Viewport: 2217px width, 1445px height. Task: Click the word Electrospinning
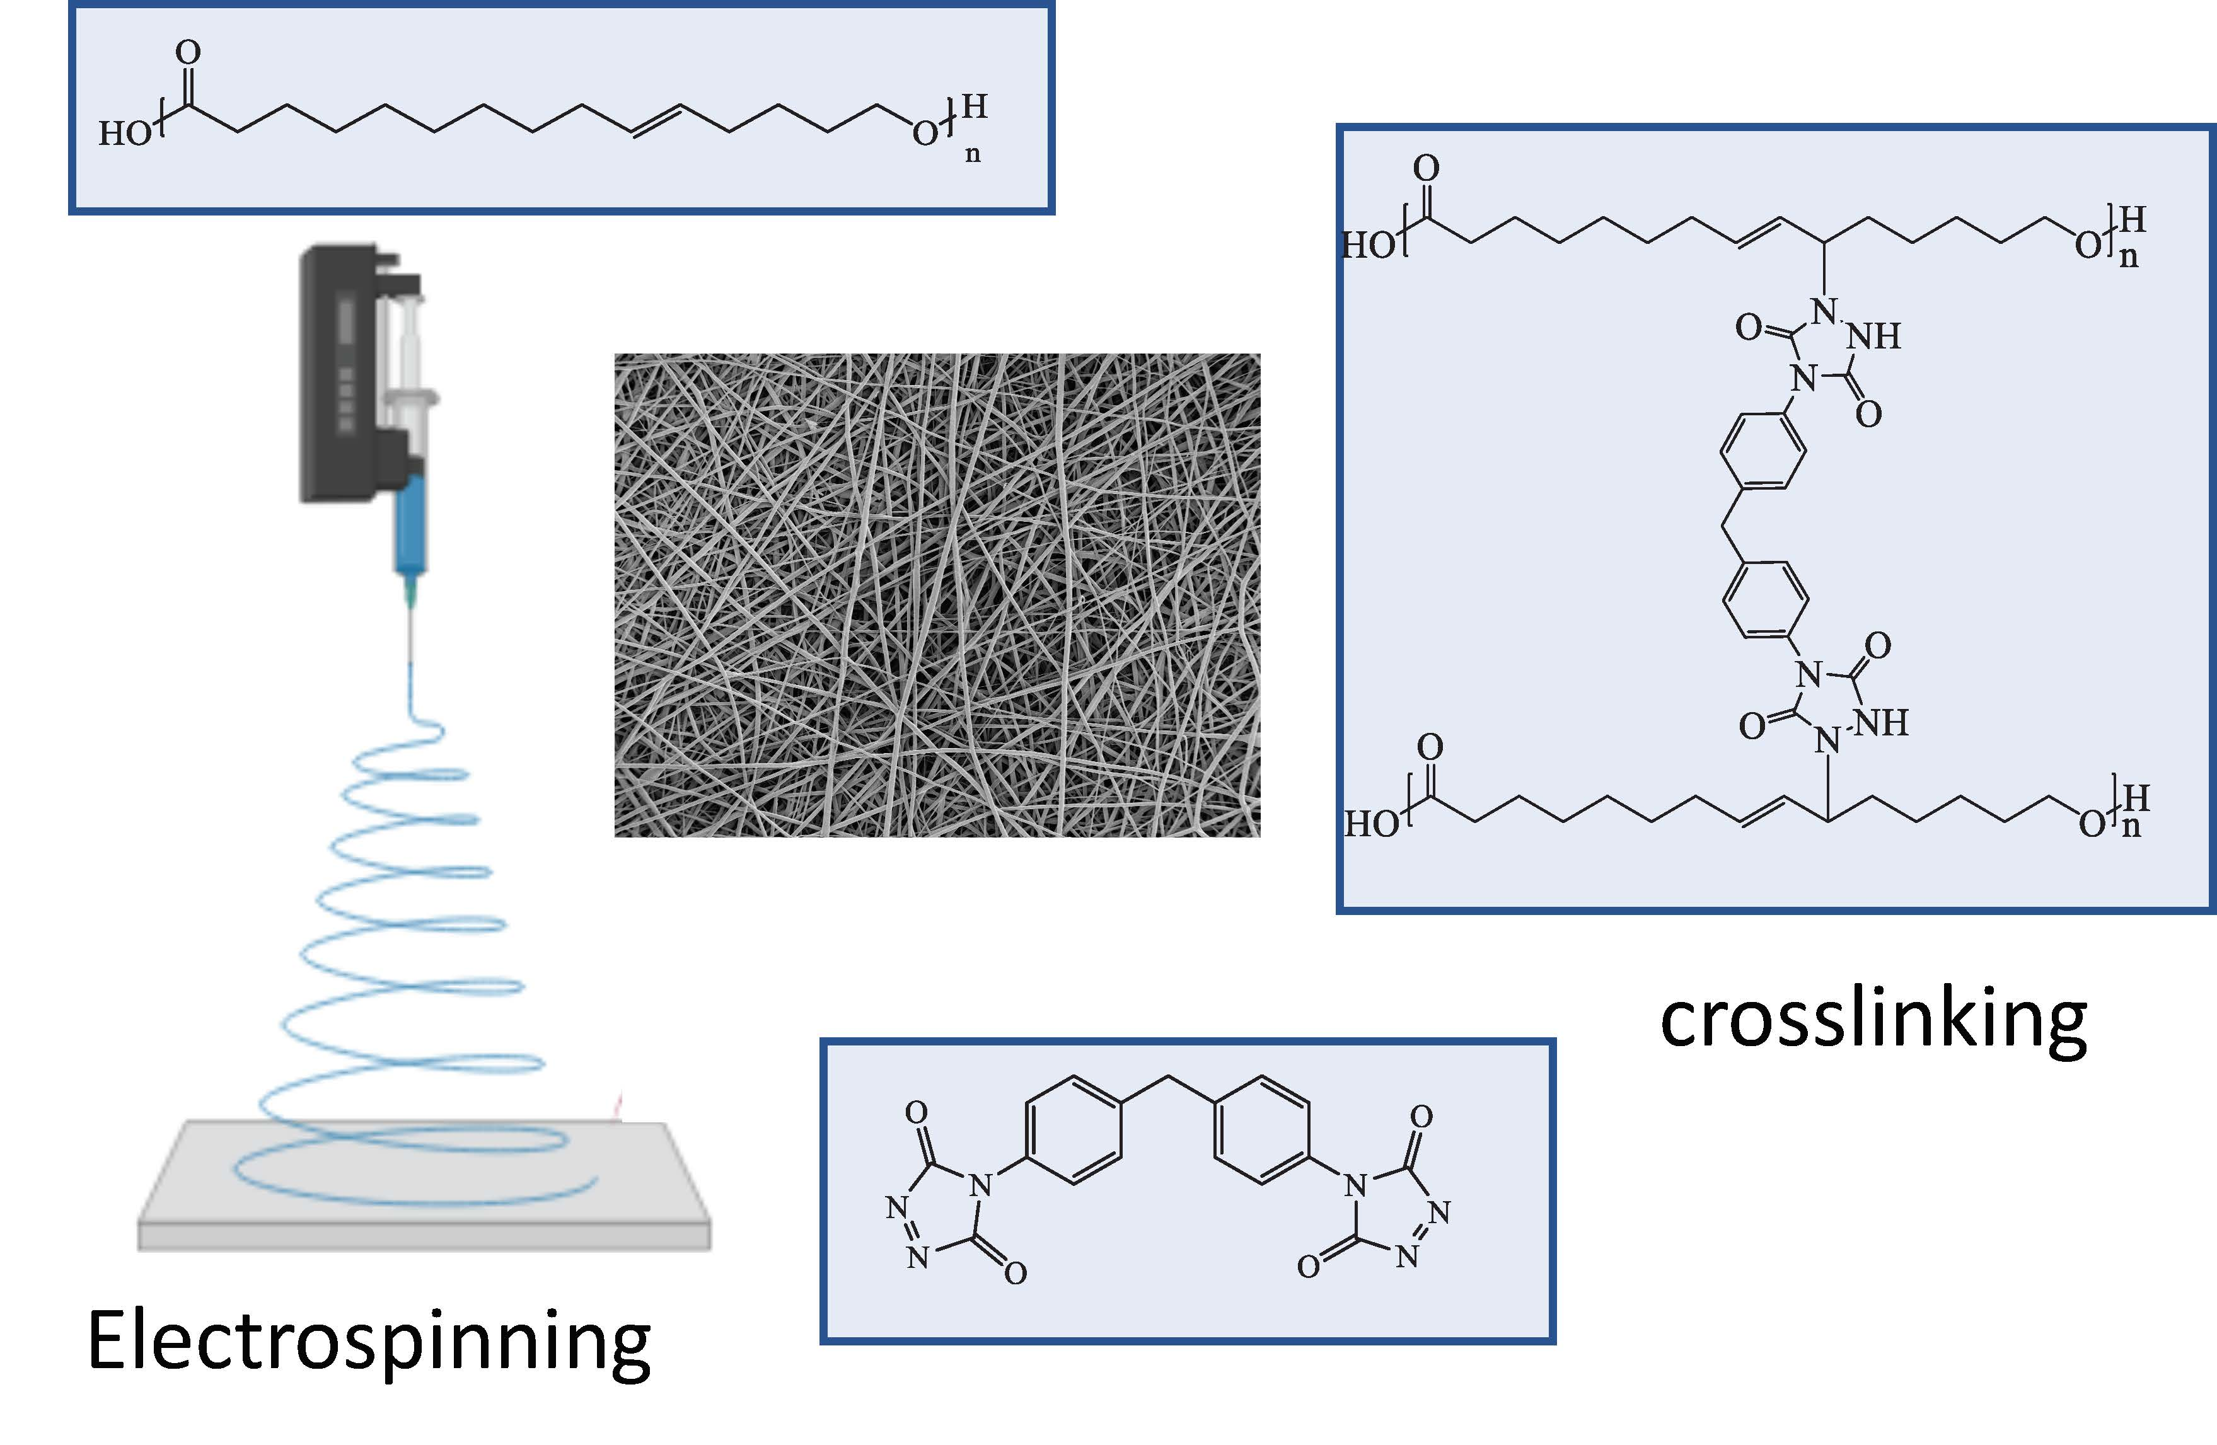(x=369, y=1342)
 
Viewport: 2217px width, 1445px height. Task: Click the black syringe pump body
(x=345, y=372)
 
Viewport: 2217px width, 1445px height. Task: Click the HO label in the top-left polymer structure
(x=125, y=134)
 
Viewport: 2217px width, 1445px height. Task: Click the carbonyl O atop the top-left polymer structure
(x=188, y=52)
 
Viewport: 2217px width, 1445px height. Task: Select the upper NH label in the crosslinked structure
(x=1874, y=336)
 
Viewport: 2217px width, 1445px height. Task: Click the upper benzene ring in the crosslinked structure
(x=1763, y=451)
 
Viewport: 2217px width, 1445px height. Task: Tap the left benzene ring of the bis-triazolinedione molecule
(x=1072, y=1131)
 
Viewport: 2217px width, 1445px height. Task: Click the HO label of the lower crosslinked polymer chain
(x=1371, y=824)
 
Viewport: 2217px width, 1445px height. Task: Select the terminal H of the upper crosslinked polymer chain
(x=2133, y=220)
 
